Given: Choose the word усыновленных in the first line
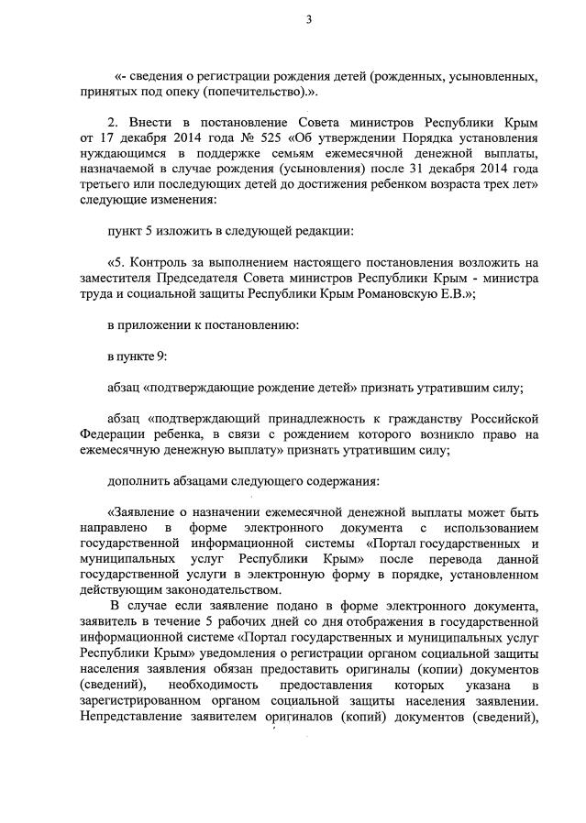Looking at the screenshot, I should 488,78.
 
